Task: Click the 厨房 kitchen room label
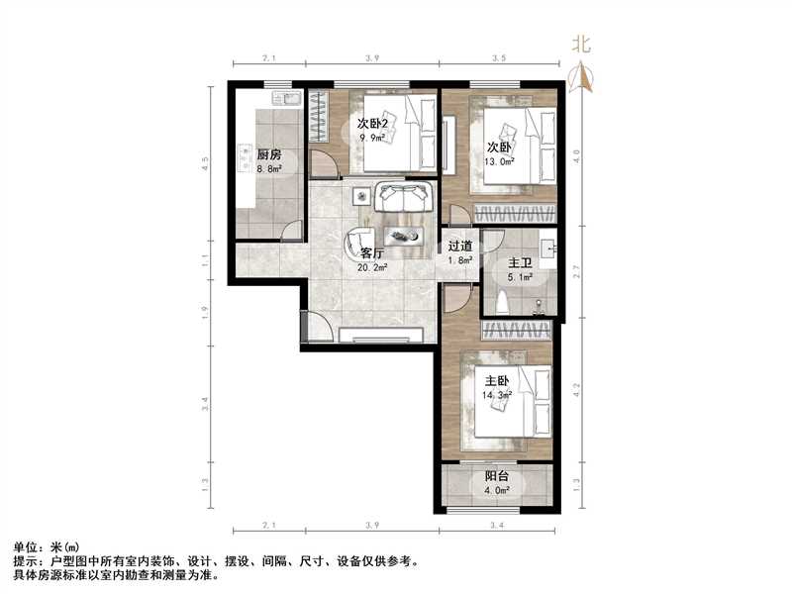point(269,155)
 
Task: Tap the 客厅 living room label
point(372,253)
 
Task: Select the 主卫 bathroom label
point(521,264)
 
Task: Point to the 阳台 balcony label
point(495,476)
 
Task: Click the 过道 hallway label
point(459,247)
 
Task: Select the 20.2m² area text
point(372,267)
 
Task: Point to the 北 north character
point(581,43)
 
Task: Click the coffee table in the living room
point(405,235)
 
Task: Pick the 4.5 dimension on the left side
point(204,160)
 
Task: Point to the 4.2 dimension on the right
point(579,391)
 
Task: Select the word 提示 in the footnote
point(27,560)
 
